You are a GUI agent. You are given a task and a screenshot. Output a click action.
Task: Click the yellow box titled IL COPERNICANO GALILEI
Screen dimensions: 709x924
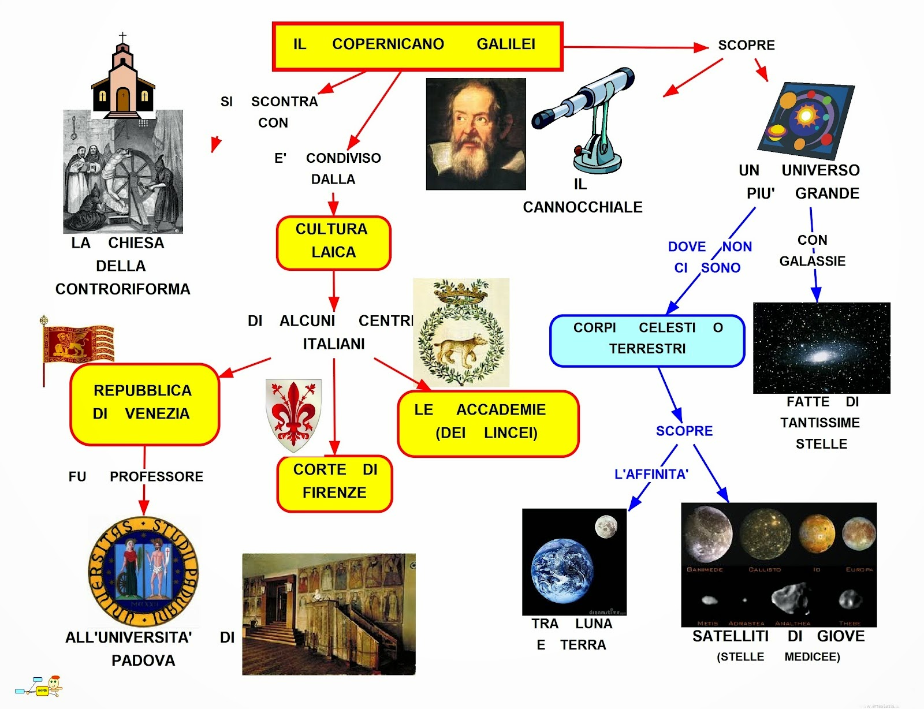[x=417, y=46]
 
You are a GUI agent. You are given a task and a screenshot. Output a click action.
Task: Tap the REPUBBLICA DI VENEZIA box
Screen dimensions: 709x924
[x=144, y=404]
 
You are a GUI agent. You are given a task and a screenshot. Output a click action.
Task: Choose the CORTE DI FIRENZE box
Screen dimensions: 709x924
[x=334, y=483]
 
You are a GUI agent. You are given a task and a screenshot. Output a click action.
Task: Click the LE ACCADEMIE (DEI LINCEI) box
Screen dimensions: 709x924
[x=487, y=423]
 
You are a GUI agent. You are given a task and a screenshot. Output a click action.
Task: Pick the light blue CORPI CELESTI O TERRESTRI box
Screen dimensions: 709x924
[x=647, y=340]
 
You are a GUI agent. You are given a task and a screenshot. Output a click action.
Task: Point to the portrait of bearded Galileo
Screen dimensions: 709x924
[x=475, y=134]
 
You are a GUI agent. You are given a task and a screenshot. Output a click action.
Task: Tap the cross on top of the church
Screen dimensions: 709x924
[x=122, y=38]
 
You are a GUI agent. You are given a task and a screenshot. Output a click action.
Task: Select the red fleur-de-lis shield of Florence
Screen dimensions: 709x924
[x=293, y=413]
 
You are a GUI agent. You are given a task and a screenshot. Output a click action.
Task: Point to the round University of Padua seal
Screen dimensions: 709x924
[x=143, y=572]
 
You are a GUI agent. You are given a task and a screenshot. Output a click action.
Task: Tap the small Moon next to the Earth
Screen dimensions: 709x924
[x=606, y=526]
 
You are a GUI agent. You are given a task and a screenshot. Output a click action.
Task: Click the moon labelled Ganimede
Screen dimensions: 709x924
[x=707, y=533]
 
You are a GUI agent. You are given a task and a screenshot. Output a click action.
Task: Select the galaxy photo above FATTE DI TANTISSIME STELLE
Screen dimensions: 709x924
[x=821, y=348]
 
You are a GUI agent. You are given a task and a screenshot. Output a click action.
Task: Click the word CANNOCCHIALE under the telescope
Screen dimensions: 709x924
[x=582, y=207]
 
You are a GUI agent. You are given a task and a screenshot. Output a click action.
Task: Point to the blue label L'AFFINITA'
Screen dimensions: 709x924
[x=651, y=475]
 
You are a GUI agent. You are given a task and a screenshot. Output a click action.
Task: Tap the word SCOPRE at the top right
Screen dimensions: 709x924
[x=746, y=45]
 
